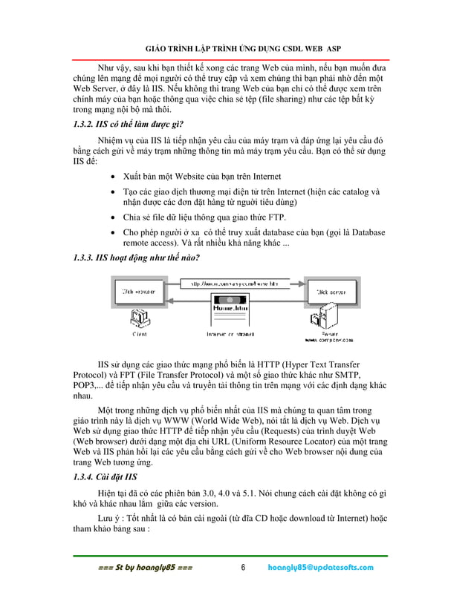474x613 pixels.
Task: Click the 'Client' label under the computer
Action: coord(139,334)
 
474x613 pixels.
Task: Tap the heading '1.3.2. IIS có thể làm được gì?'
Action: coord(129,123)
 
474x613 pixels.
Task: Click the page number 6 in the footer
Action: coord(242,568)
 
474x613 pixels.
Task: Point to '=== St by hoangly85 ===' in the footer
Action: coord(146,568)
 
